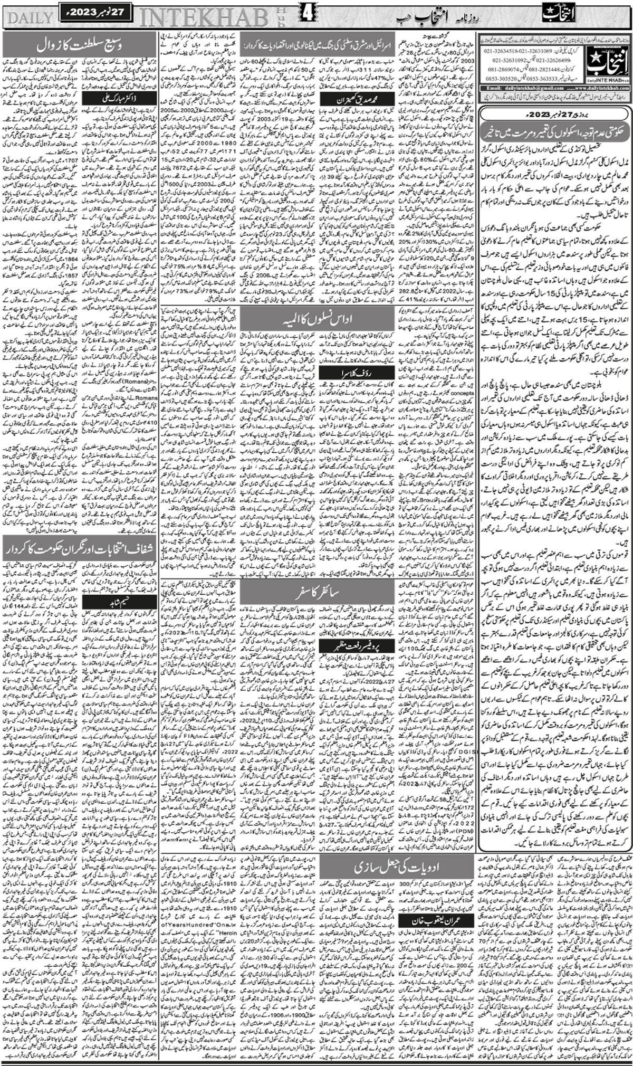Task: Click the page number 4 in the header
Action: tap(306, 15)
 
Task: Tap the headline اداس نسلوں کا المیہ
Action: tap(316, 320)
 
